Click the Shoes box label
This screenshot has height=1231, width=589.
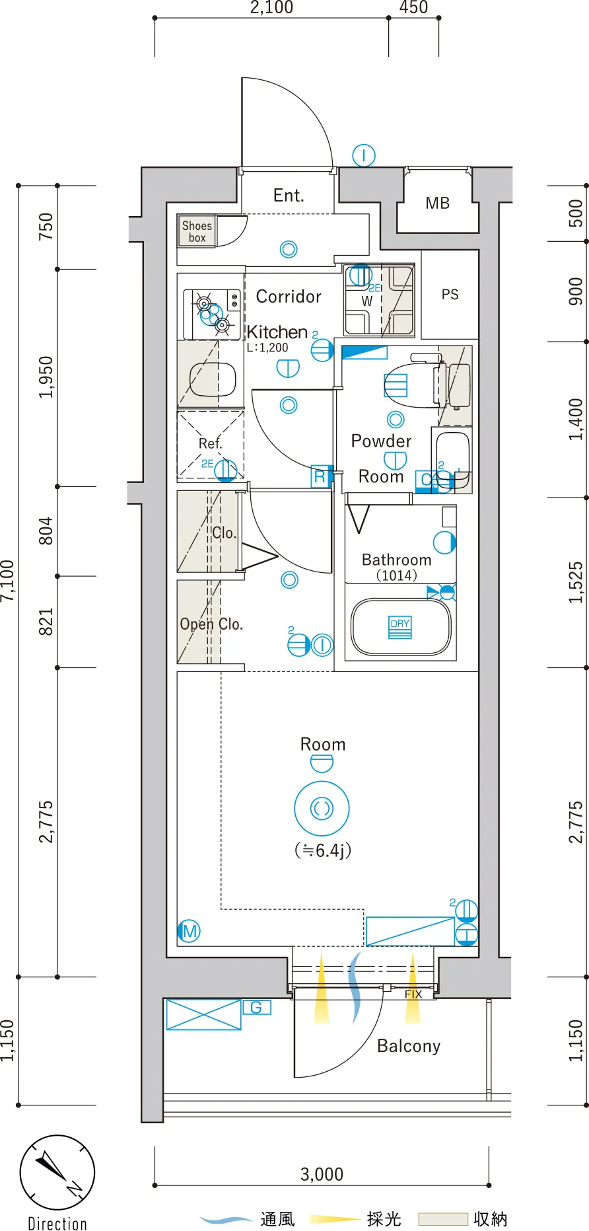(197, 232)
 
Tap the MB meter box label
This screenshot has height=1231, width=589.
(438, 204)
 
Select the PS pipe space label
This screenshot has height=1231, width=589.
(450, 295)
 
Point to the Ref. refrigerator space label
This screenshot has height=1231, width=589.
(211, 443)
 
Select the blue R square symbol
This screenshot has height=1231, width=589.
(320, 476)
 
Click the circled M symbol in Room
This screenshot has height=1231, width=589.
(189, 931)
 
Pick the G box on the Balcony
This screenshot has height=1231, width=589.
(257, 1008)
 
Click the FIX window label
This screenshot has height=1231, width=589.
(413, 994)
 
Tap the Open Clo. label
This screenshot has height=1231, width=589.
(211, 624)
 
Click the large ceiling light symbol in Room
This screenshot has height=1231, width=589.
(322, 808)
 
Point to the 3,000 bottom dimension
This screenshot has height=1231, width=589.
(322, 1174)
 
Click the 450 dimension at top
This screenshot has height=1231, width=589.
(413, 8)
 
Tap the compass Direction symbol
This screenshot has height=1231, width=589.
(57, 1173)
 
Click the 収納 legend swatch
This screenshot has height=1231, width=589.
(443, 1219)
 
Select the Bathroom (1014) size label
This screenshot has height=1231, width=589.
(396, 567)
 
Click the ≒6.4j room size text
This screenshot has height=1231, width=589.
(323, 850)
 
